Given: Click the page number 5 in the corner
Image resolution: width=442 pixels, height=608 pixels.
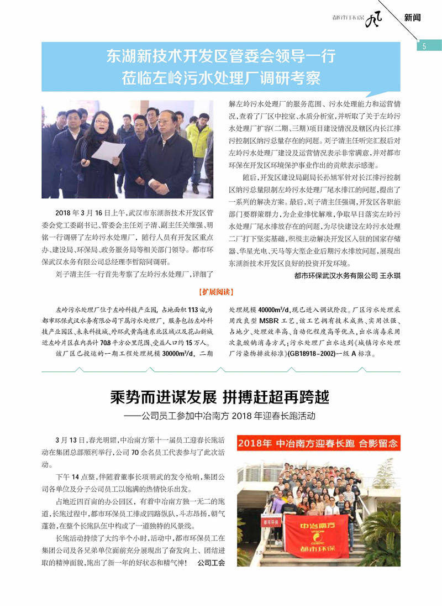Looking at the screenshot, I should [424, 46].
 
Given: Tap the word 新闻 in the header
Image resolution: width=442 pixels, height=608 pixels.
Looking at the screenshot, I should [412, 17].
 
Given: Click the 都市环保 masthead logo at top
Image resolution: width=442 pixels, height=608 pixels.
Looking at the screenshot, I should [366, 18].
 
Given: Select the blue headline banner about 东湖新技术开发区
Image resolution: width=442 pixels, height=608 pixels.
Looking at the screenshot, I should [221, 67].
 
